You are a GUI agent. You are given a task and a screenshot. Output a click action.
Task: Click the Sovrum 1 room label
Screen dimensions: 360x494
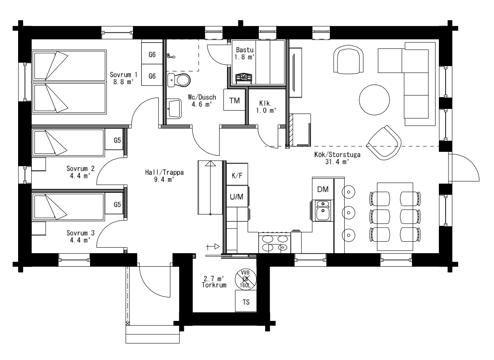point(121,75)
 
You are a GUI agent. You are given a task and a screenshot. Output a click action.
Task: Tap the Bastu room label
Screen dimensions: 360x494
point(244,50)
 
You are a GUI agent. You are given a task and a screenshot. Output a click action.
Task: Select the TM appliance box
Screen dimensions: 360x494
point(234,100)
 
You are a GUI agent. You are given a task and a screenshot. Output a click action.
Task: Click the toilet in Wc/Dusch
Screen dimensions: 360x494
point(181,79)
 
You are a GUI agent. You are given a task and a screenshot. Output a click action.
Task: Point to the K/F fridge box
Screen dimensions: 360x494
point(237,175)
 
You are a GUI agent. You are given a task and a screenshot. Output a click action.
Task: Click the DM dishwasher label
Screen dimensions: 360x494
point(323,190)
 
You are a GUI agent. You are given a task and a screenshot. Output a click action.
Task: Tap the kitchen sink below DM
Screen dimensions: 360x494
point(323,210)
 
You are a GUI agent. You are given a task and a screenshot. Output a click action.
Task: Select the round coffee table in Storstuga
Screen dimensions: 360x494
point(374,99)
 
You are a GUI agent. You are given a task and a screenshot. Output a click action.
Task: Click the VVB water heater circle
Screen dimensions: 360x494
point(245,278)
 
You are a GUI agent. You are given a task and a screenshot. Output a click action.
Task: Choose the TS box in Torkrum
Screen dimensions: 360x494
point(246,302)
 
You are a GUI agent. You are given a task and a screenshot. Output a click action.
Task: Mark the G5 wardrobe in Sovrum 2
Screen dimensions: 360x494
point(117,140)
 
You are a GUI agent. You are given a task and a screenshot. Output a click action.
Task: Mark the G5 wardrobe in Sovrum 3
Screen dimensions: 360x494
point(117,205)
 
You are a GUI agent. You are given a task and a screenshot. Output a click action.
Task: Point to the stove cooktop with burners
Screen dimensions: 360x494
point(274,243)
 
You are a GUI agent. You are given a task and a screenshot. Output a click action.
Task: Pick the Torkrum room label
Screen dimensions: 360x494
point(213,285)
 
